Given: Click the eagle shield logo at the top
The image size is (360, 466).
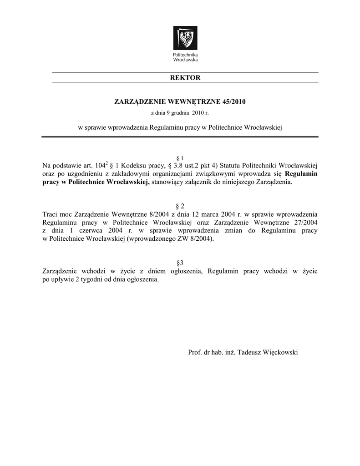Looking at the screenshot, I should point(185,38).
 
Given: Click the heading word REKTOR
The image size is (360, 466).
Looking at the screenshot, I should point(185,78).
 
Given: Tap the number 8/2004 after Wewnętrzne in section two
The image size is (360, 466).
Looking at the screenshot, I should point(156,214).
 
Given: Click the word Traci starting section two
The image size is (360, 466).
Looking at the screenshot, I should point(50,214).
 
